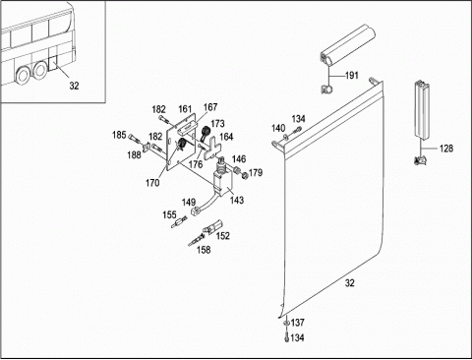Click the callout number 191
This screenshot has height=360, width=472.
(x=352, y=76)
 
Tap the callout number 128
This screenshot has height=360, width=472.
(x=446, y=149)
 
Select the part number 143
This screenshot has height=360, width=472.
(x=237, y=200)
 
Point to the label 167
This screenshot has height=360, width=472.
(x=210, y=107)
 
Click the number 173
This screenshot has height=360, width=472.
(x=217, y=124)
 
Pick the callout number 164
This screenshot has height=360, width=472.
(x=226, y=137)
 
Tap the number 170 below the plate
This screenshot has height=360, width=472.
(x=152, y=183)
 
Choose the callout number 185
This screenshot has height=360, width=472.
(x=119, y=135)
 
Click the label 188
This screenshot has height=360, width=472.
(x=134, y=154)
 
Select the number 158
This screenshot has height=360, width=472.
(x=204, y=250)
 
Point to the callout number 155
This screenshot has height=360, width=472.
(x=169, y=215)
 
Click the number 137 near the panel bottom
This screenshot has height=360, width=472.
(x=297, y=323)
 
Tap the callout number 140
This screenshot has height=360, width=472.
(x=278, y=128)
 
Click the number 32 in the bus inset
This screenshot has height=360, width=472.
(x=74, y=86)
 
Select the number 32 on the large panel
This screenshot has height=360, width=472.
(x=350, y=283)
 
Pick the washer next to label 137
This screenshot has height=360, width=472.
(x=286, y=324)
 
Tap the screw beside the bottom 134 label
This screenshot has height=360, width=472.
(x=286, y=337)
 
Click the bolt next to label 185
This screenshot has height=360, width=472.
(x=135, y=139)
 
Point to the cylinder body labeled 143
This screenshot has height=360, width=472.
(x=222, y=184)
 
